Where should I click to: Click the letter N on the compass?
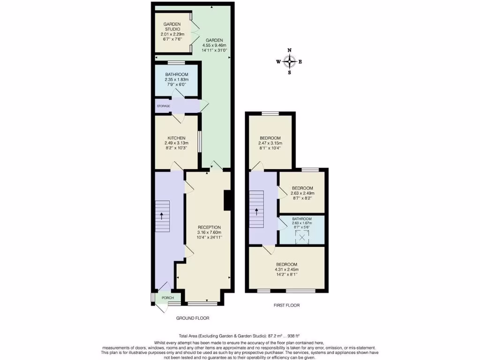click(290, 50)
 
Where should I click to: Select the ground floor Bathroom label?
click(177, 75)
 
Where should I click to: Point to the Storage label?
click(163, 106)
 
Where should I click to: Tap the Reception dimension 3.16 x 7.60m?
click(209, 232)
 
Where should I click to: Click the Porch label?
click(167, 298)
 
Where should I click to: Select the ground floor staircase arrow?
click(162, 216)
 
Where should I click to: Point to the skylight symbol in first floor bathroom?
click(302, 238)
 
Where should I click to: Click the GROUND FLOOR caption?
click(193, 318)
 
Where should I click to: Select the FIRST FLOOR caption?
click(286, 306)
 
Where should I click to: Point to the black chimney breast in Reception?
click(228, 201)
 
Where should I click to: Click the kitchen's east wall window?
click(200, 142)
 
